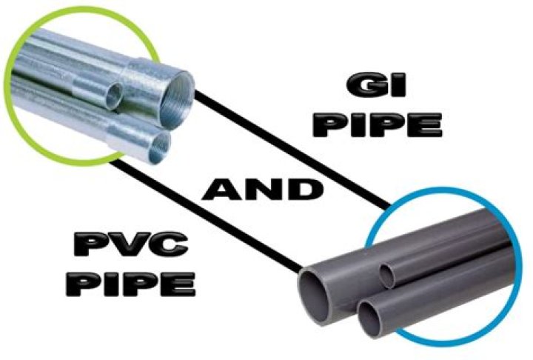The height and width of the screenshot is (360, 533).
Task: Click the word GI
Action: (x=376, y=85)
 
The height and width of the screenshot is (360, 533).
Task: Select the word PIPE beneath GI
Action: (x=377, y=125)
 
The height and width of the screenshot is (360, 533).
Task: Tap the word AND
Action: (x=262, y=190)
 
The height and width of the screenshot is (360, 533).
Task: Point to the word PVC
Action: (x=131, y=244)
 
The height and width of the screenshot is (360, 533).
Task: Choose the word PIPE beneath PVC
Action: (x=131, y=284)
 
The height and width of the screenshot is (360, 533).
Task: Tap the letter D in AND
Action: (x=304, y=190)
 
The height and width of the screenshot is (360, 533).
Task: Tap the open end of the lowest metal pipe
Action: (x=159, y=147)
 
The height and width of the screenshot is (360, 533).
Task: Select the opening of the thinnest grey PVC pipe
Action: (x=387, y=276)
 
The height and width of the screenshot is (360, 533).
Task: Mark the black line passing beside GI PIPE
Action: (x=292, y=150)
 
